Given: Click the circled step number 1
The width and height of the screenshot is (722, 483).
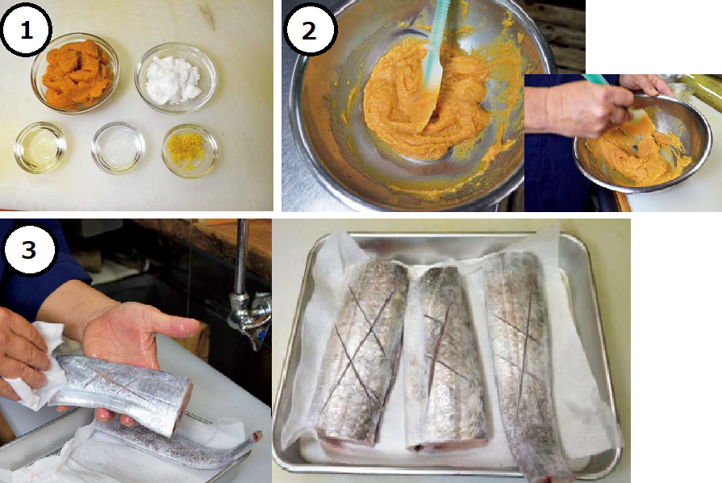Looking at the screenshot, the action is (26, 31).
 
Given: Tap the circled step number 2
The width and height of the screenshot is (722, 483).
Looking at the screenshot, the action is (310, 31).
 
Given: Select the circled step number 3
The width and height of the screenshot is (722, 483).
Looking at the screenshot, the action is (28, 249).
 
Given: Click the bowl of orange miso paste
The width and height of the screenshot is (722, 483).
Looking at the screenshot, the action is (76, 73).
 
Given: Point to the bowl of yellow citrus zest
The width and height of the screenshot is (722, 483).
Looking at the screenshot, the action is (190, 150).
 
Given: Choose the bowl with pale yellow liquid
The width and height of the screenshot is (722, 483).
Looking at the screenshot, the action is (40, 148).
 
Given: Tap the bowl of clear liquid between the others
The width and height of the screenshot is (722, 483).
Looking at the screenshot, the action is (119, 148).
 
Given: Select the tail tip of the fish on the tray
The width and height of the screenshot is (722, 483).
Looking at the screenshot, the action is (256, 435).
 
